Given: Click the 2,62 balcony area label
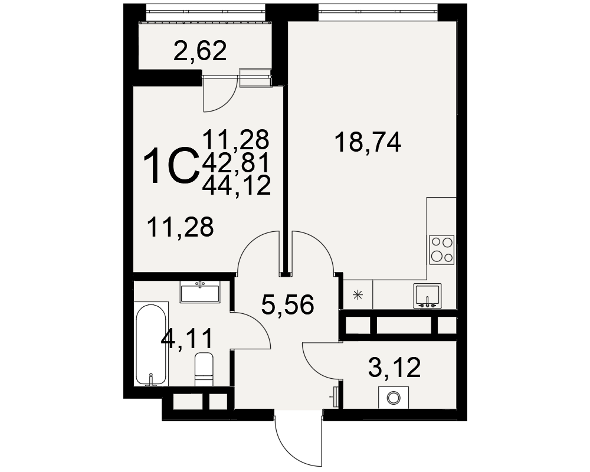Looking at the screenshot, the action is point(200,51).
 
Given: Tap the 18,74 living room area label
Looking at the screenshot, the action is point(368,142).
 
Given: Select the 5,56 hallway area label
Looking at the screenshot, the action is point(287,304).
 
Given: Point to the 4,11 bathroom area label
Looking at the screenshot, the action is point(186,339).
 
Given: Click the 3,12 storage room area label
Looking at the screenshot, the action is point(394,368).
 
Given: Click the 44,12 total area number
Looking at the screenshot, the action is point(237,186).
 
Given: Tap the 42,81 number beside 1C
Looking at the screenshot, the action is point(235,163).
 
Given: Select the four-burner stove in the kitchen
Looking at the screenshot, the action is point(442,250).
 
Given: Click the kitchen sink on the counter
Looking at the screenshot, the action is point(427,296).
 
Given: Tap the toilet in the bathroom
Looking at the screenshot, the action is point(204,369).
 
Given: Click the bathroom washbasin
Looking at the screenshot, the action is point(199,293).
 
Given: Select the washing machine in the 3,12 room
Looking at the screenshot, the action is point(394,397).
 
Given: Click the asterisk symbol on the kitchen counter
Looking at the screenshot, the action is point(358,295).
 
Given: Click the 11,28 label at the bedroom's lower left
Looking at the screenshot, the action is point(181,227).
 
